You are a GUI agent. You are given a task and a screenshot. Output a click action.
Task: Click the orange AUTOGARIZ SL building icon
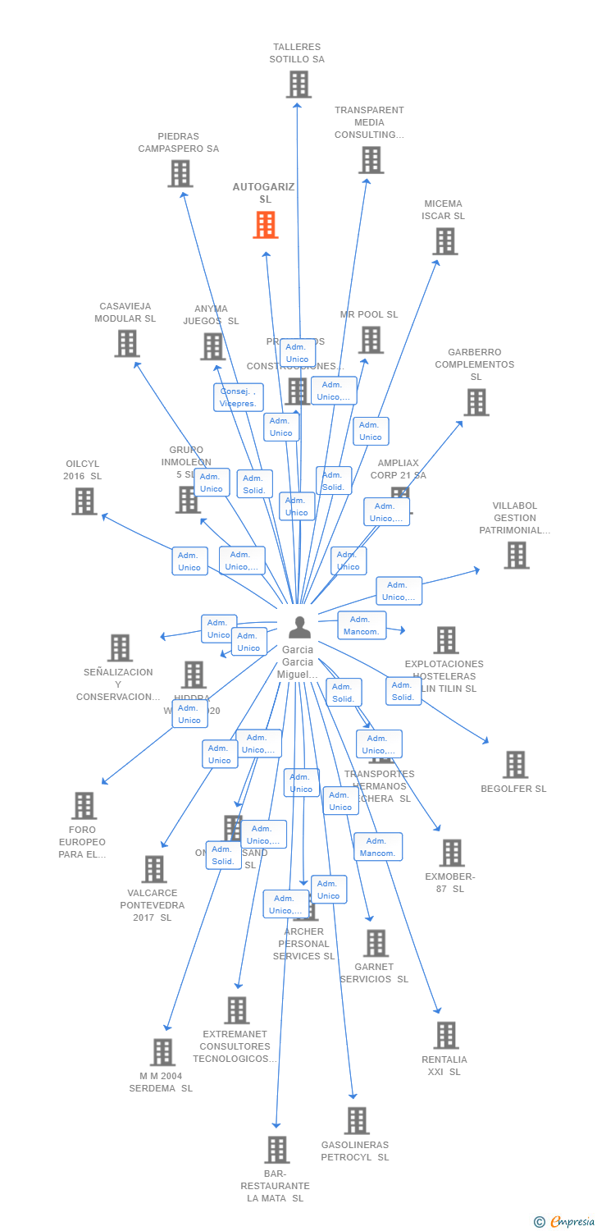pos(265,225)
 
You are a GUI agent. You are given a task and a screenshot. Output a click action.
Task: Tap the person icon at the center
pos(300,627)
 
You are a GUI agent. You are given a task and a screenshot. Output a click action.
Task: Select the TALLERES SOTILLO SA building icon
pos(298,84)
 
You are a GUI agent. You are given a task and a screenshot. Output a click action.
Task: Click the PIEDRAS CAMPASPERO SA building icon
pos(180,173)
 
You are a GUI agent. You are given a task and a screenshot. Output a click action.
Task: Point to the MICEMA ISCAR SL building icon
pos(444,241)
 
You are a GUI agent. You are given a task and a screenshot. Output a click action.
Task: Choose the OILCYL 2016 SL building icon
pos(84,501)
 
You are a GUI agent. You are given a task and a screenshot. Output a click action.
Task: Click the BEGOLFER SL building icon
pos(515,765)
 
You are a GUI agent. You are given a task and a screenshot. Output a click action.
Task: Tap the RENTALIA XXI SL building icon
pos(445,1036)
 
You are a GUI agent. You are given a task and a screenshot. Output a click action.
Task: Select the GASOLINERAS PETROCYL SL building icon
pos(356,1121)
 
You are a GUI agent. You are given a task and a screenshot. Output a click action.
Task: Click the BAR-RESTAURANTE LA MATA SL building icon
pos(277,1150)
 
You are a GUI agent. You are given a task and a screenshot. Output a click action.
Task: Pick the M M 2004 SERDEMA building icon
pos(162,1052)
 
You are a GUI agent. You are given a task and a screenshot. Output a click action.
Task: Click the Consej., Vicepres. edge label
pos(239,397)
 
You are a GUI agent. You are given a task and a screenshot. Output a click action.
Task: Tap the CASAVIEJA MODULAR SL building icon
pos(126,343)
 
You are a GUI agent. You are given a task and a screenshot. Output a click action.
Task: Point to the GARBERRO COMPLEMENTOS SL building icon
pos(476,402)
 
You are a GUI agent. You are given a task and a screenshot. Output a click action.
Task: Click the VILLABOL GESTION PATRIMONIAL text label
pos(515,518)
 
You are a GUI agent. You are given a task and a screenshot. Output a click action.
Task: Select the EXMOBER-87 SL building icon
pos(451,853)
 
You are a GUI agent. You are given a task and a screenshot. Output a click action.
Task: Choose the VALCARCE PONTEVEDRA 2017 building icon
pos(153,869)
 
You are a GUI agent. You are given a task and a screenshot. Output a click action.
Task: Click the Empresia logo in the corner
pos(565,1222)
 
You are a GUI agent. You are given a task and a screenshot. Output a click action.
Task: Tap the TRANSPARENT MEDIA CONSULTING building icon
pos(371,160)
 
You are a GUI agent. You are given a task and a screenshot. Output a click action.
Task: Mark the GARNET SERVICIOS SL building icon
pos(376,943)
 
